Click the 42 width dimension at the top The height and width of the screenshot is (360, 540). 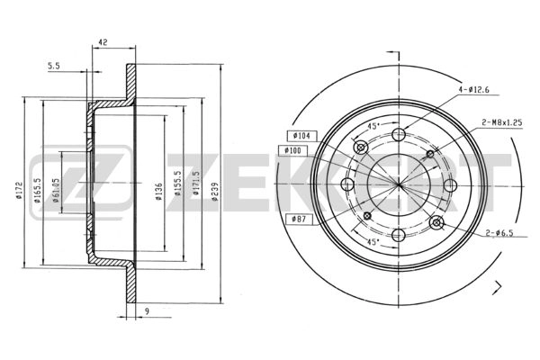(103, 42)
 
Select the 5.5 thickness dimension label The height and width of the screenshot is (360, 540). (54, 66)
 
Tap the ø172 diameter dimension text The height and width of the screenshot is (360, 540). (19, 191)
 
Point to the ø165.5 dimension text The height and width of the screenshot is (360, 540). (38, 190)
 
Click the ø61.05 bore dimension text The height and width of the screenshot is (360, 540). (56, 190)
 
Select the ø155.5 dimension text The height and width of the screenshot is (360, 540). (177, 184)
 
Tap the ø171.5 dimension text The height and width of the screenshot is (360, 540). (196, 184)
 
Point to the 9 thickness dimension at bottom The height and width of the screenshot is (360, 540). (147, 311)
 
